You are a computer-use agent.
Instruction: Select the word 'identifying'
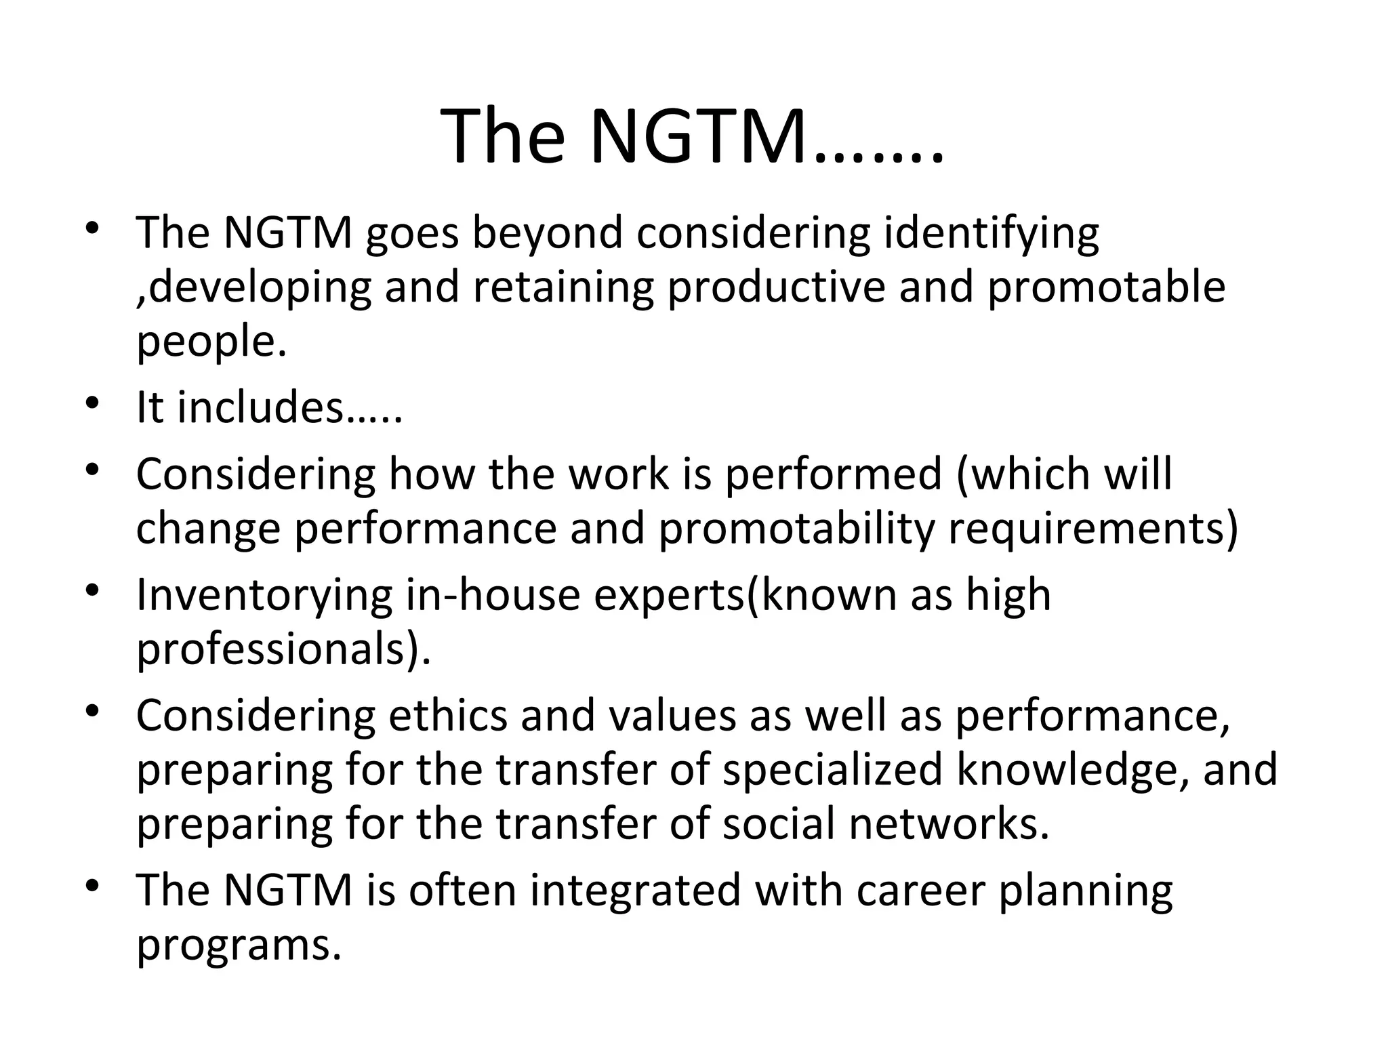click(x=992, y=234)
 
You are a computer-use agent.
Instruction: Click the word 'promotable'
click(x=1106, y=287)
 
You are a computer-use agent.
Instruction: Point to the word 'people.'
click(x=212, y=342)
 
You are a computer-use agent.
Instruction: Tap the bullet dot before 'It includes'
click(x=94, y=404)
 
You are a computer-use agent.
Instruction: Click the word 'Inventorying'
click(x=264, y=595)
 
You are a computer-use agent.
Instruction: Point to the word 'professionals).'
click(x=283, y=649)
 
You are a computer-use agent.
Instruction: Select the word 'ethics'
click(x=447, y=716)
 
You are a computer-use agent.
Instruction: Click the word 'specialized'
click(x=832, y=771)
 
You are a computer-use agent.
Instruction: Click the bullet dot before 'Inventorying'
click(x=94, y=591)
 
